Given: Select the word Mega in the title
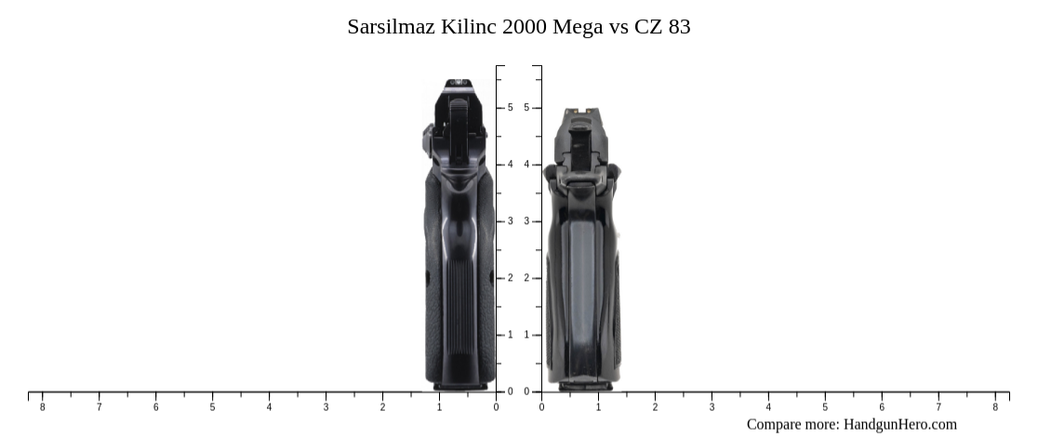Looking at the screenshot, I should tap(578, 26).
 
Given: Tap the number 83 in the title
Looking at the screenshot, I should tap(679, 26).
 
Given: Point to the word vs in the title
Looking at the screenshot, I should tap(619, 26).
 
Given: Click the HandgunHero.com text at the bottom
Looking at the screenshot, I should tap(899, 424).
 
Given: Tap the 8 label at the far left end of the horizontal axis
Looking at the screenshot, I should tap(42, 407).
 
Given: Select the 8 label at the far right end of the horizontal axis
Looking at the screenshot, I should tap(995, 407).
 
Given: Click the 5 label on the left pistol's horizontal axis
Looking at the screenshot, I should tap(212, 407).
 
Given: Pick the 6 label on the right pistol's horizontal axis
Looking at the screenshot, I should tap(882, 407).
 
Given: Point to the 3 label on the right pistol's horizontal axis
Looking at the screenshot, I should tap(712, 407).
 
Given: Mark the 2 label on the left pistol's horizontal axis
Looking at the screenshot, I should tap(382, 407).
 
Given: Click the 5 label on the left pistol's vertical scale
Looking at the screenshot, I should tap(510, 108).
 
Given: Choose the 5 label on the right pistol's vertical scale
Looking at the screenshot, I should tap(526, 108).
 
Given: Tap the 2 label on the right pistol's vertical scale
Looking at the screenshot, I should tap(526, 278).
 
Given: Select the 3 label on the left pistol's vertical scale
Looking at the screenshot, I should tap(510, 221).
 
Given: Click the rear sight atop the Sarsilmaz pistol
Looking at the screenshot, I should tap(457, 84).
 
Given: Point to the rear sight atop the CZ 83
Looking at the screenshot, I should tap(581, 113).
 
